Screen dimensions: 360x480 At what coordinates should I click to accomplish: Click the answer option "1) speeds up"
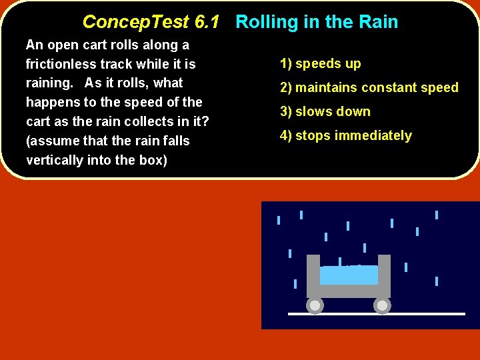320,64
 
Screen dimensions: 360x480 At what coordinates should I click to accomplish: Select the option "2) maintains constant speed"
369,88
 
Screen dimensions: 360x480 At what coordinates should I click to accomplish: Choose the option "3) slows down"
325,112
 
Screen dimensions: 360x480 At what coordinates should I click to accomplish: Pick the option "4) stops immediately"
345,136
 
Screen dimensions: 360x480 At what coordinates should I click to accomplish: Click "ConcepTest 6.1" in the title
151,22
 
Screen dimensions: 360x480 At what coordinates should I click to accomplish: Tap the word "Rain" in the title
378,22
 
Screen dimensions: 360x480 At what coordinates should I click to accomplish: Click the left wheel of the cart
315,305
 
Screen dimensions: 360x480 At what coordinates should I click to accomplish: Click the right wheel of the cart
382,305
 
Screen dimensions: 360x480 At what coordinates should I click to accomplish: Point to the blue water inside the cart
349,275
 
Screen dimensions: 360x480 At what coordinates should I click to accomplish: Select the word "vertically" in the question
54,161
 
